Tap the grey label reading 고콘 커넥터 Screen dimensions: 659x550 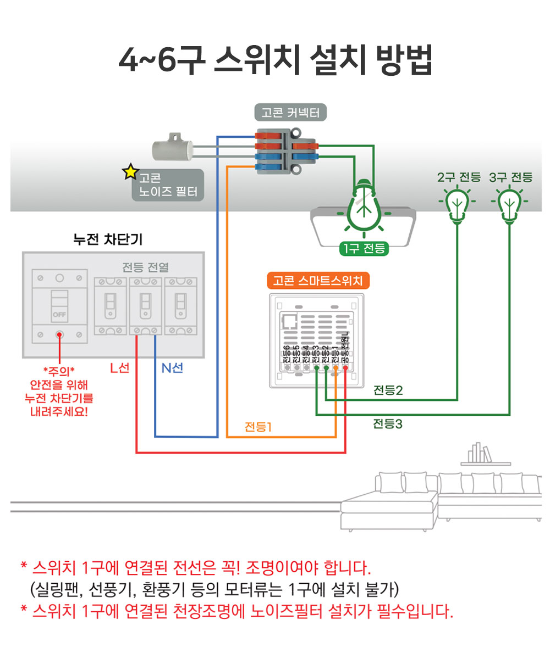coord(291,113)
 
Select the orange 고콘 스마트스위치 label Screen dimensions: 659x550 coord(318,281)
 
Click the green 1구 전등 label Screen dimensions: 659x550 coord(364,249)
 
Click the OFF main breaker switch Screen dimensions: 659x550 coord(59,305)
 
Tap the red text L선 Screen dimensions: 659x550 coord(119,368)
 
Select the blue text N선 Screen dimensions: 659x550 coord(172,368)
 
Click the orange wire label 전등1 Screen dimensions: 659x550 coord(258,427)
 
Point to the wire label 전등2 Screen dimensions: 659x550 coord(388,390)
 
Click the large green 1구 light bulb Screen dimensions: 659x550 coord(363,206)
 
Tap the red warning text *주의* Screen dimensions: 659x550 coord(59,369)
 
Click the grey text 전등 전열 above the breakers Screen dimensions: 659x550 coord(146,267)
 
